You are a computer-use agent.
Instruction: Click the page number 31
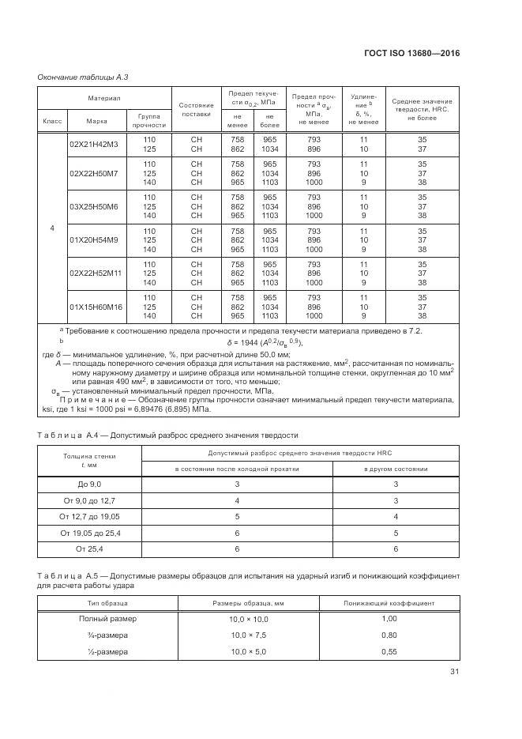pos(454,672)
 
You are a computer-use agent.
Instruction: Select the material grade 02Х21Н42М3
pos(93,144)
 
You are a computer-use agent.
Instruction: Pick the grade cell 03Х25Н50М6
pos(93,206)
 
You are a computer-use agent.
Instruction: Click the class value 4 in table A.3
pos(51,228)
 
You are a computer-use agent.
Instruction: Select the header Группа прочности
pos(148,120)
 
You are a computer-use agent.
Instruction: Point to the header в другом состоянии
pos(396,469)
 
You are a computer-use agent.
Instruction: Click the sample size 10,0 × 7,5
pos(249,635)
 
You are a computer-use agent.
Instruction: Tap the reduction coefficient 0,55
pos(388,651)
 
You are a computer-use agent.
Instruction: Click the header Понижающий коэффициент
pos(389,603)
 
